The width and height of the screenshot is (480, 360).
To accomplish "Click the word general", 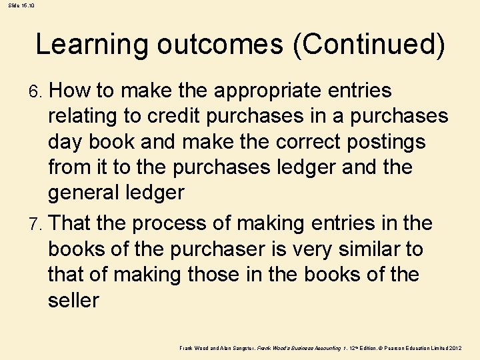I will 89,193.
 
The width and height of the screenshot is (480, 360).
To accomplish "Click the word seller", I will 73,301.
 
